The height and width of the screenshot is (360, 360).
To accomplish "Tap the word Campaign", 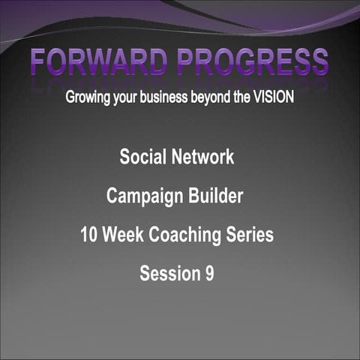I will click(x=142, y=196).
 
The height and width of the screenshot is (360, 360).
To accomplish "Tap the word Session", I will click(x=168, y=274).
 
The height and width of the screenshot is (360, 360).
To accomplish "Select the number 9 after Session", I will click(x=208, y=274).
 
